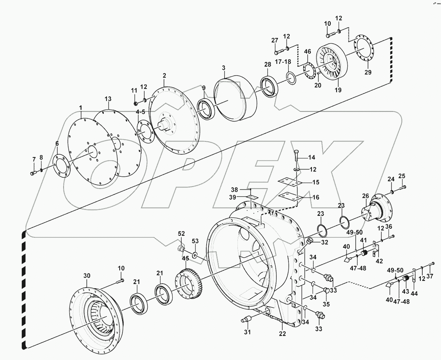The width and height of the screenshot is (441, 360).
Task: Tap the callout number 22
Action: [x=282, y=334]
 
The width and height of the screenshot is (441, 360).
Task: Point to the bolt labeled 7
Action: [x=33, y=173]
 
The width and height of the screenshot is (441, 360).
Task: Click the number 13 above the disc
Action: [x=108, y=99]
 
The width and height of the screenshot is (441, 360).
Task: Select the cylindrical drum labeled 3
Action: [x=237, y=99]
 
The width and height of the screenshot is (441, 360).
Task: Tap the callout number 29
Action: [x=368, y=72]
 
